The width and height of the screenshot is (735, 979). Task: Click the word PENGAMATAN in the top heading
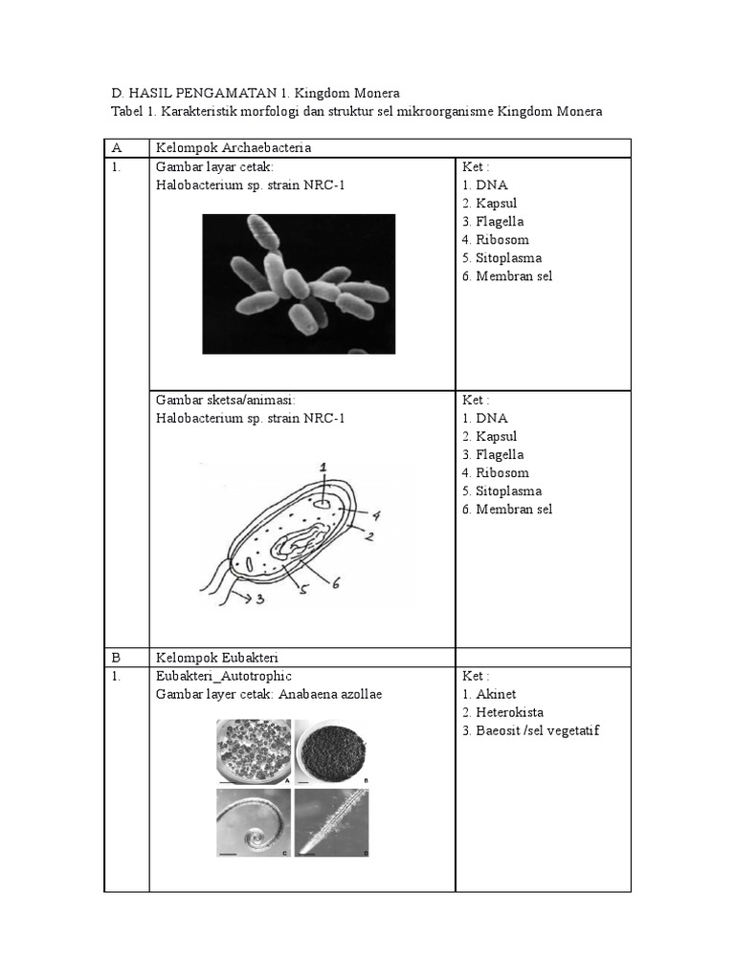[221, 93]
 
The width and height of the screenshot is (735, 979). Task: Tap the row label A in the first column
[117, 148]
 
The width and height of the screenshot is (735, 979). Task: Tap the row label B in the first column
[117, 657]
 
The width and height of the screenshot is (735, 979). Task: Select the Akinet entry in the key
[495, 694]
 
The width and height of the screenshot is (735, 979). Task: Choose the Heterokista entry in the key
[510, 712]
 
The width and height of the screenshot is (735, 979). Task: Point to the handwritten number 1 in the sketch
[323, 468]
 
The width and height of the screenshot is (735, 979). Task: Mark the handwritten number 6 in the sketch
[336, 582]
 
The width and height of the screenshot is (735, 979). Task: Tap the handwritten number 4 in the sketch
[376, 515]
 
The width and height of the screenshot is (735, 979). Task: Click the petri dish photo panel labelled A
[253, 752]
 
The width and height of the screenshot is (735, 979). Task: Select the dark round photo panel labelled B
[332, 751]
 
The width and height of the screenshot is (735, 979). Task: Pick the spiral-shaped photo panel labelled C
[253, 821]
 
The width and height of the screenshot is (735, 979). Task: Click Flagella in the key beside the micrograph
[499, 222]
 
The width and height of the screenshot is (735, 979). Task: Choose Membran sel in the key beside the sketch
[513, 510]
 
